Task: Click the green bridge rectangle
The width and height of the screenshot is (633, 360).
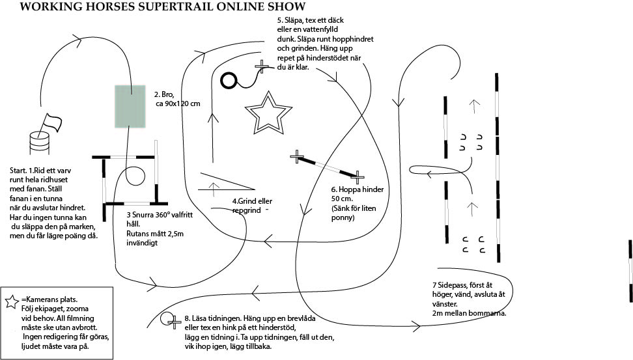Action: pyautogui.click(x=130, y=107)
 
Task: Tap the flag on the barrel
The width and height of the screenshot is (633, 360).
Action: pyautogui.click(x=51, y=122)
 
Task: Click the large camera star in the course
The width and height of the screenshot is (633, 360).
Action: pyautogui.click(x=268, y=114)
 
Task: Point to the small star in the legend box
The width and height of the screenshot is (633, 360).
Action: pyautogui.click(x=12, y=301)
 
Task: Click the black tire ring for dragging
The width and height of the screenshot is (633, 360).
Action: pyautogui.click(x=230, y=80)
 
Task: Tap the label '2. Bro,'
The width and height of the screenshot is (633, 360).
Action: pyautogui.click(x=164, y=94)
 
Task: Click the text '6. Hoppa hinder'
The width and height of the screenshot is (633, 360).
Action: pyautogui.click(x=358, y=189)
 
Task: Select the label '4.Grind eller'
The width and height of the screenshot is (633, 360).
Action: pyautogui.click(x=252, y=201)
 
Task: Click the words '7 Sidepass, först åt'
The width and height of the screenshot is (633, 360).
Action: pyautogui.click(x=462, y=285)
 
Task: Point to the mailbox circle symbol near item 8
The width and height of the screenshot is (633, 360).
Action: pyautogui.click(x=167, y=319)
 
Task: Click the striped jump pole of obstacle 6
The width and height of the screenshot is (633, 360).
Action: pyautogui.click(x=327, y=166)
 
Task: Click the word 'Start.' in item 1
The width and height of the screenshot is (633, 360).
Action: pyautogui.click(x=18, y=171)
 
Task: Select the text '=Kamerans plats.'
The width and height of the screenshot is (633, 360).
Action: pyautogui.click(x=49, y=299)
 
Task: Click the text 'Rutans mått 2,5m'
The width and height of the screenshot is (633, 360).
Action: pyautogui.click(x=155, y=234)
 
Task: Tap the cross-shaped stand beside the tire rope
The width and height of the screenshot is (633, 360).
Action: pyautogui.click(x=262, y=66)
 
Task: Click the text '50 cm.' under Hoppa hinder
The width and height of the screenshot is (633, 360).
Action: pyautogui.click(x=342, y=199)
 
